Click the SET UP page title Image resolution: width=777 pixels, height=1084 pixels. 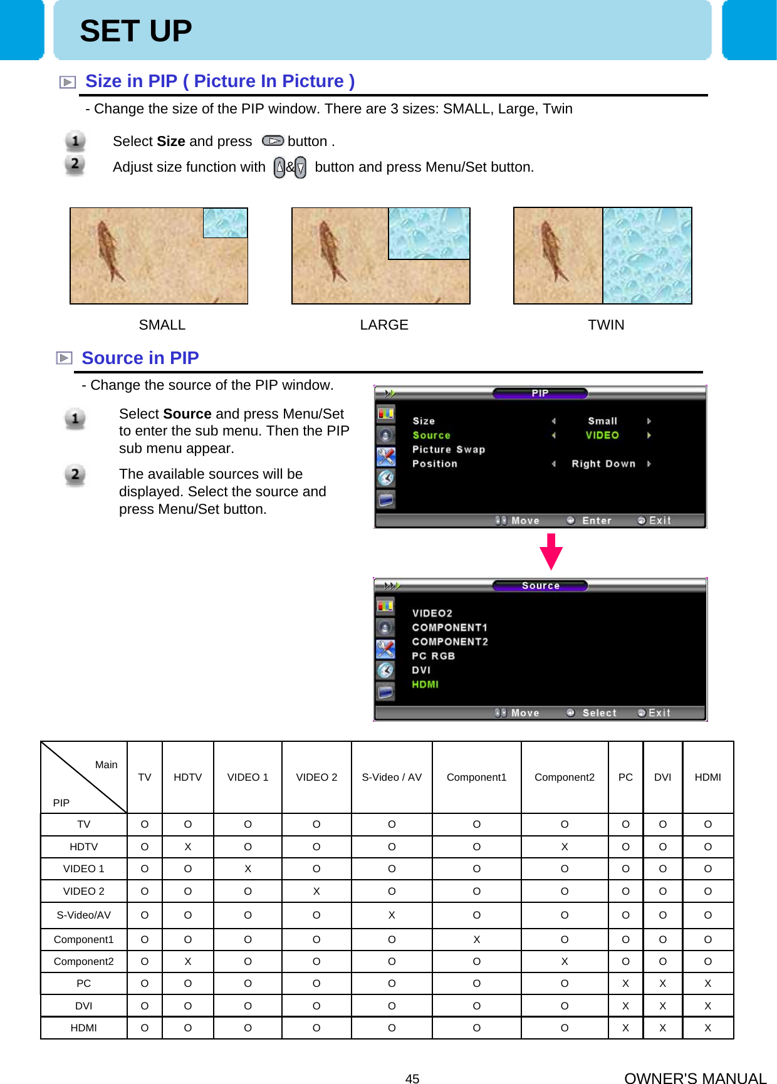[x=135, y=31]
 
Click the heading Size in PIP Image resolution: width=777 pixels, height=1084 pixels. [x=219, y=81]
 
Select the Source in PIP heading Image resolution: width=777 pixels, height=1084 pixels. [x=140, y=358]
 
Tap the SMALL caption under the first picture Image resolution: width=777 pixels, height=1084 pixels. [x=162, y=325]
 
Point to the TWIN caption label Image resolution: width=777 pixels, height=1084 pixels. [x=605, y=325]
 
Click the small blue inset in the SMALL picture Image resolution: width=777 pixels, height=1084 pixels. [x=225, y=223]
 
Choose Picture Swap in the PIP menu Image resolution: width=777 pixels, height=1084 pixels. [x=448, y=449]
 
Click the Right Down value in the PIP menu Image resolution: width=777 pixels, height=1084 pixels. [x=603, y=464]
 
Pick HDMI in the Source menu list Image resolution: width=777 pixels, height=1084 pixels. [x=425, y=684]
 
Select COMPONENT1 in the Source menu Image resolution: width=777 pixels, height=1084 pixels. [x=449, y=627]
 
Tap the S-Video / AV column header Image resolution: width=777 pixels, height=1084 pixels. [x=392, y=777]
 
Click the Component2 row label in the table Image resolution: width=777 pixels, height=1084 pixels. [x=84, y=961]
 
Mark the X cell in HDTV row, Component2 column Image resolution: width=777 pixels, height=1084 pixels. [x=564, y=847]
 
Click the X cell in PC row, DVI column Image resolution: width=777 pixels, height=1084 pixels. [x=662, y=983]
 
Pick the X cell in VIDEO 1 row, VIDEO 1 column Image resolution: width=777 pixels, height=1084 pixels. [x=248, y=868]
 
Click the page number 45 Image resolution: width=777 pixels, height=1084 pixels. [x=412, y=1078]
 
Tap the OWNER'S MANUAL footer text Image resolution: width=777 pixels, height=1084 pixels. [x=695, y=1078]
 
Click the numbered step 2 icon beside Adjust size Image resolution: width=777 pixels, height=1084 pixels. [x=75, y=164]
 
